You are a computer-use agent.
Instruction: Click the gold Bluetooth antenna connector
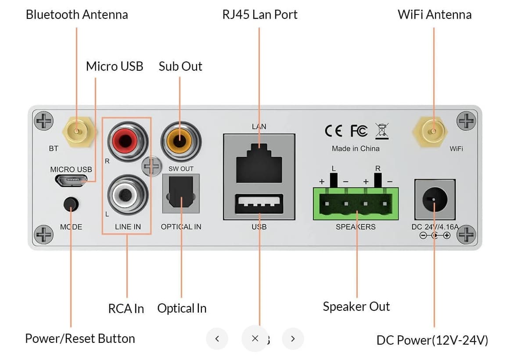[77, 130]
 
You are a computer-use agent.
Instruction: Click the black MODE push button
[71, 204]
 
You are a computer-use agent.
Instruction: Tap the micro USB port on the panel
[71, 180]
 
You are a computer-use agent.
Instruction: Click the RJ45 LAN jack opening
[259, 165]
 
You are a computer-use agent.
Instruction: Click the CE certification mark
[334, 131]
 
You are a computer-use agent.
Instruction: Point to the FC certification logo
[359, 131]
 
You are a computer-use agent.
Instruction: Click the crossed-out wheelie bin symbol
[381, 131]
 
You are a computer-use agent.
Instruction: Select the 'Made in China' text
[356, 148]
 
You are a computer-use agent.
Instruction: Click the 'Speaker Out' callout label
[356, 306]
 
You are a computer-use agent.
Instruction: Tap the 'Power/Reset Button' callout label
[80, 338]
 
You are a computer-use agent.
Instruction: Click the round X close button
[255, 338]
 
